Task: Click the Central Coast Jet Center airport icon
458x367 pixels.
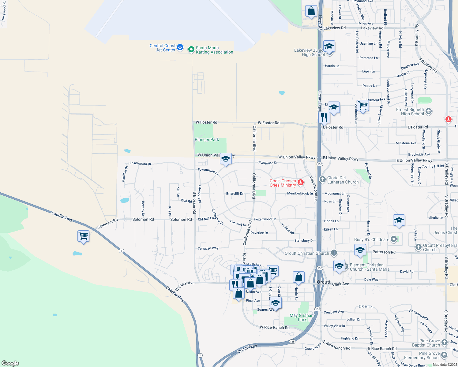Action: tap(180, 47)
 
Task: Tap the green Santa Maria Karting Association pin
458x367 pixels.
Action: tap(191, 49)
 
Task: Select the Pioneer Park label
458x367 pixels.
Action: tap(207, 140)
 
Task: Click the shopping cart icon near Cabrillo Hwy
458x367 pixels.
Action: tap(83, 236)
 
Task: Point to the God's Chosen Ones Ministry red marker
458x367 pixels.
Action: tap(301, 183)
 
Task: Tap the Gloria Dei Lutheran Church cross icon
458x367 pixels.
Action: tap(322, 180)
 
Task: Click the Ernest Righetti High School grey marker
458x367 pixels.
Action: tap(429, 111)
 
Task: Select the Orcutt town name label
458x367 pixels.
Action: tap(324, 282)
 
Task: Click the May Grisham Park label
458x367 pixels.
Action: tap(302, 317)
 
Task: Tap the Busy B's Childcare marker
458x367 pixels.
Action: tap(394, 239)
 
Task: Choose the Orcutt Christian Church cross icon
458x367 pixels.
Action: tap(334, 253)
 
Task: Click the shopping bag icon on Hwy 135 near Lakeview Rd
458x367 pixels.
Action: tap(311, 11)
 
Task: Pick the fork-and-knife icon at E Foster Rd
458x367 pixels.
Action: tap(324, 117)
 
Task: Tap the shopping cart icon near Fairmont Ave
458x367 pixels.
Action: tap(363, 106)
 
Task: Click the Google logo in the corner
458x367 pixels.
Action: tap(10, 363)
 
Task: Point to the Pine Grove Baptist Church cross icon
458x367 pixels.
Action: tap(445, 343)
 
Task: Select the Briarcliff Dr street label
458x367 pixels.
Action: tap(235, 194)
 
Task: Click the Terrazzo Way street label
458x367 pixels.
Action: tap(208, 248)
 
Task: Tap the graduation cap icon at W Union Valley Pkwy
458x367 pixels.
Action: tap(226, 159)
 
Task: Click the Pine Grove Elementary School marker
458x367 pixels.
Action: tap(444, 355)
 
